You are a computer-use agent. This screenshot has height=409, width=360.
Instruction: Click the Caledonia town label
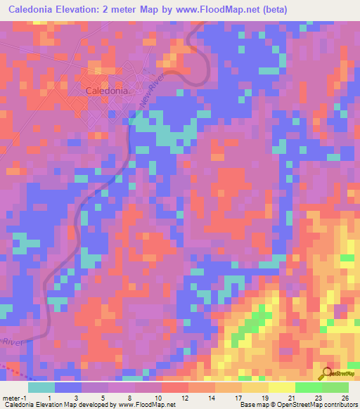coord(107,91)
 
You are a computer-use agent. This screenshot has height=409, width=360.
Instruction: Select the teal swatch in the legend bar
coord(41,387)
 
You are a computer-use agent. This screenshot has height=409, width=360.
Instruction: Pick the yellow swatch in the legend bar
coord(281,387)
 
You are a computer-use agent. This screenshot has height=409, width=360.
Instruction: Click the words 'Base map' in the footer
coord(252,405)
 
